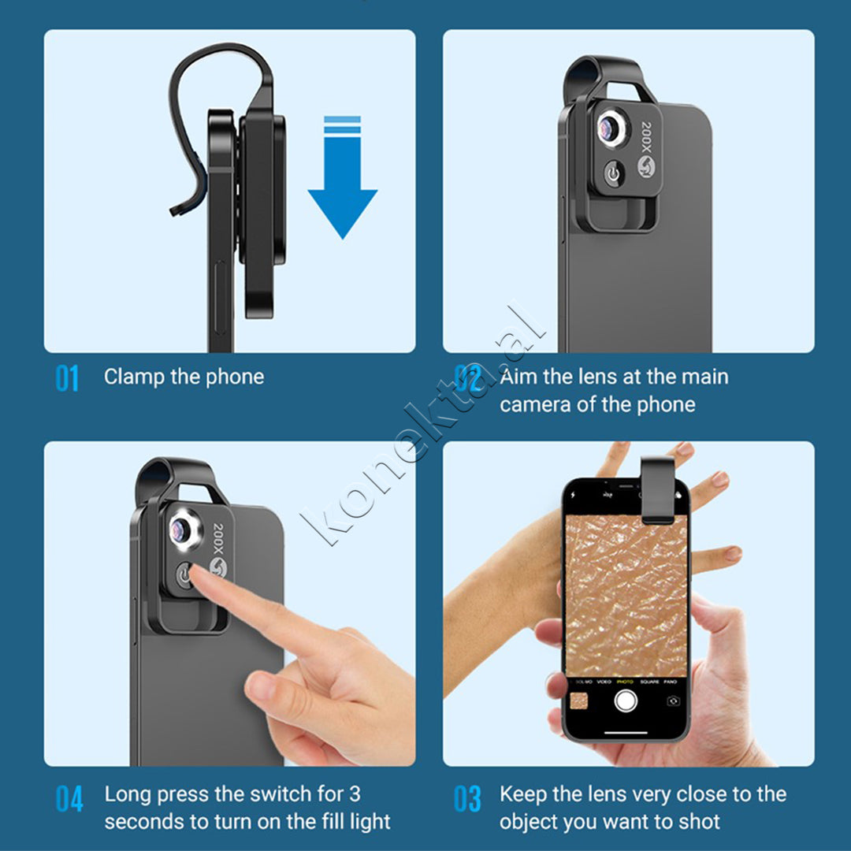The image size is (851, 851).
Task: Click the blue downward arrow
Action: pyautogui.click(x=343, y=179)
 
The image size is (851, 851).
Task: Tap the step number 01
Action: pyautogui.click(x=67, y=378)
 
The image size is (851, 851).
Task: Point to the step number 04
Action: pyautogui.click(x=69, y=798)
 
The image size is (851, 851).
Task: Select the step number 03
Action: pyautogui.click(x=467, y=798)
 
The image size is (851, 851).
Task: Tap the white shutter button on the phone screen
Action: pyautogui.click(x=625, y=700)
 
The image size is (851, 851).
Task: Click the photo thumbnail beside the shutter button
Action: pyautogui.click(x=579, y=700)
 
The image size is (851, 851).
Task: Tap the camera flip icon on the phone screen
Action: pyautogui.click(x=673, y=700)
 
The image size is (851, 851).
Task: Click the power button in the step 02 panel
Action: pyautogui.click(x=613, y=173)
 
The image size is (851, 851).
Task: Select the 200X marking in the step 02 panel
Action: pyautogui.click(x=646, y=137)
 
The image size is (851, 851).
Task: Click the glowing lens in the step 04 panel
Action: pyautogui.click(x=182, y=530)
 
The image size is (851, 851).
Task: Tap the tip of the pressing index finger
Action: pyautogui.click(x=195, y=573)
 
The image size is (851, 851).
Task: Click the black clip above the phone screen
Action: pyautogui.click(x=657, y=490)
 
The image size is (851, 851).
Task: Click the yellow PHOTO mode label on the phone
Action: pyautogui.click(x=625, y=682)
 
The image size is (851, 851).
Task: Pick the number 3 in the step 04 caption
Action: pyautogui.click(x=355, y=794)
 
